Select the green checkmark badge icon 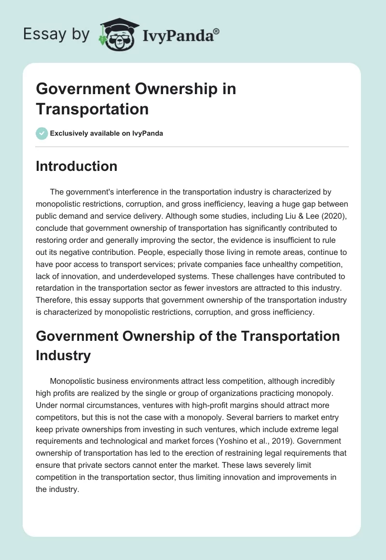pos(42,133)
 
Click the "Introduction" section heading pos(76,166)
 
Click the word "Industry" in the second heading pos(63,355)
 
